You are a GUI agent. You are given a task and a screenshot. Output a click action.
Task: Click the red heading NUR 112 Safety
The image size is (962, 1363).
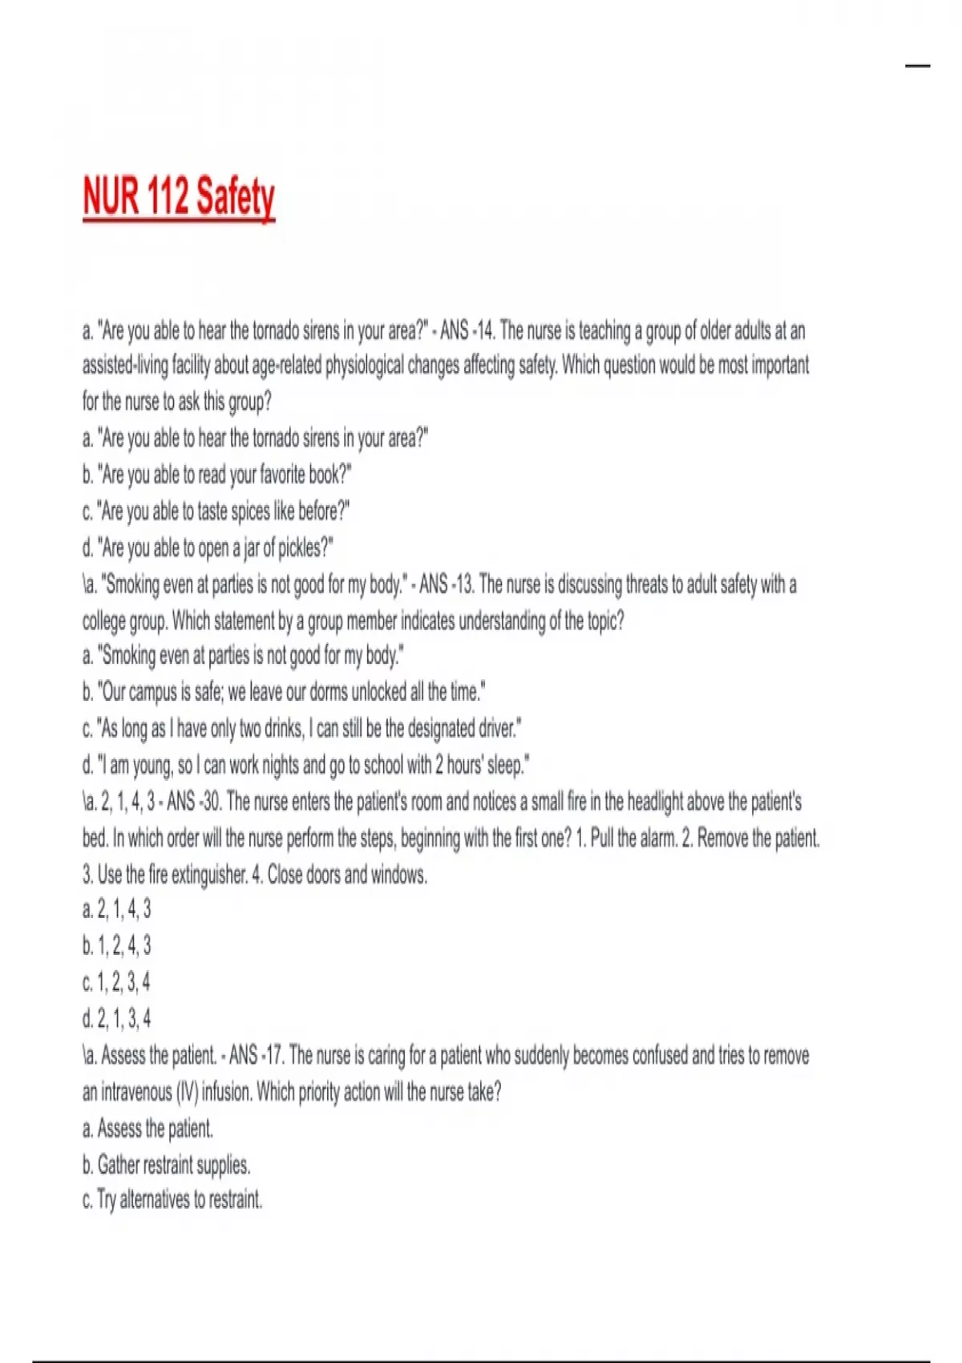(x=179, y=196)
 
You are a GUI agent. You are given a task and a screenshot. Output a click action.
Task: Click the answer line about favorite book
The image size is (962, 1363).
(x=216, y=475)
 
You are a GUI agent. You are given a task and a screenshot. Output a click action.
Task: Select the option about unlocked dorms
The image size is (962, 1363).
(x=284, y=692)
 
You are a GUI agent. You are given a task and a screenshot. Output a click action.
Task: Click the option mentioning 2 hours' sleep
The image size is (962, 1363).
(x=305, y=766)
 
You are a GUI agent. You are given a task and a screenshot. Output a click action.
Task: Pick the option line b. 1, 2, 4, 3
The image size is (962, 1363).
(x=116, y=946)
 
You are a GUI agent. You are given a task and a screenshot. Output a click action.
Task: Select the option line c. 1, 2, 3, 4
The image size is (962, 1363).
(x=116, y=982)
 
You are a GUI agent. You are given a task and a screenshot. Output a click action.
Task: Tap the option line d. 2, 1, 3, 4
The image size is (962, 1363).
(x=116, y=1019)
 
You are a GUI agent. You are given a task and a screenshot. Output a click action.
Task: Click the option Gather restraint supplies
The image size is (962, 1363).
(x=166, y=1164)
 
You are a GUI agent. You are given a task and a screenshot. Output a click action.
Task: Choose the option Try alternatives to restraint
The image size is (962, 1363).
(x=172, y=1200)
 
